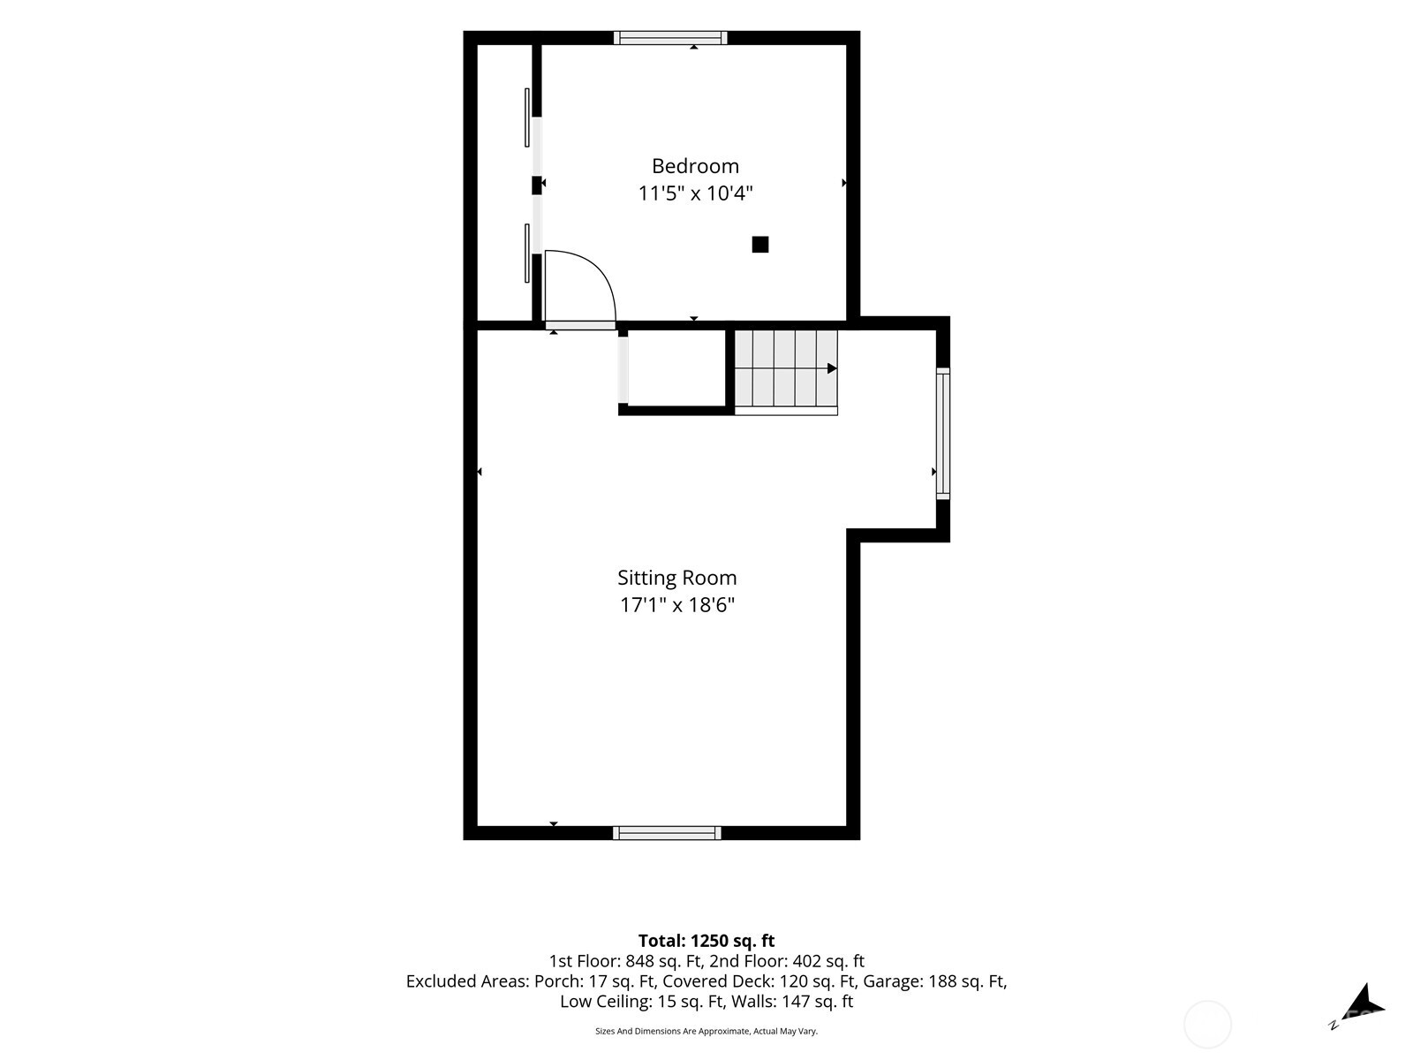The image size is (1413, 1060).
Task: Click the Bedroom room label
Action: click(x=695, y=166)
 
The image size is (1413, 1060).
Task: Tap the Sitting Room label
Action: click(x=677, y=578)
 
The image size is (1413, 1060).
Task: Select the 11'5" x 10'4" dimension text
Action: click(x=695, y=193)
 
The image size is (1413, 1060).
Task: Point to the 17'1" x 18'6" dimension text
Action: click(x=677, y=605)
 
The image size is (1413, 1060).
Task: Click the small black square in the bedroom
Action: click(x=760, y=245)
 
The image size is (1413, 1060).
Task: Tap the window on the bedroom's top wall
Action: click(x=670, y=38)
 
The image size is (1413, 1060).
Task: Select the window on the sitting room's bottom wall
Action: click(x=667, y=833)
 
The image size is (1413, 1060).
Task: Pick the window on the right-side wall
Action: click(x=943, y=433)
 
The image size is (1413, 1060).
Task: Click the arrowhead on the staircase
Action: click(x=832, y=368)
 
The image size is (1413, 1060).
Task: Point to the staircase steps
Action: click(x=786, y=373)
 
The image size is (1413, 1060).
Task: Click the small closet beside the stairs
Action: click(x=676, y=368)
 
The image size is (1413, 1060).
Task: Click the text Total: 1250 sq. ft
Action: click(x=706, y=941)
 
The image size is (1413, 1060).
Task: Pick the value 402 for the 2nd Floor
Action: click(x=807, y=962)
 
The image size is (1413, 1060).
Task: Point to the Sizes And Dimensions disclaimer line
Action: click(x=706, y=1031)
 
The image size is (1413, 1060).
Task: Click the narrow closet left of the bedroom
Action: click(x=504, y=183)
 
